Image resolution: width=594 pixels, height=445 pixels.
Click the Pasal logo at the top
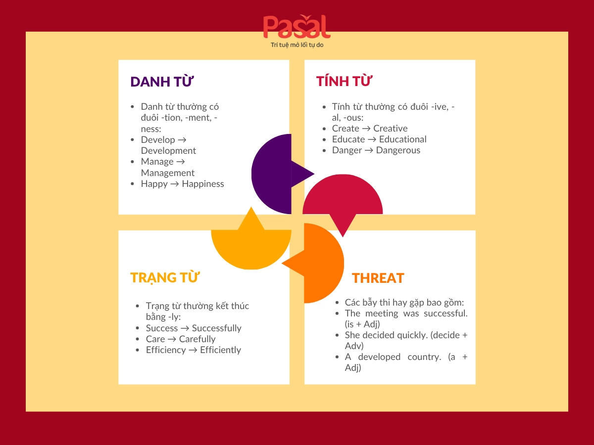tap(297, 27)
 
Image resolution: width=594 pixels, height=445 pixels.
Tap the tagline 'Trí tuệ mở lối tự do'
tap(297, 45)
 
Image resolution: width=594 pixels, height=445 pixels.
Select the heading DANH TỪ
tap(161, 82)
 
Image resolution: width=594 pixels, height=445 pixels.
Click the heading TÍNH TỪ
tap(344, 81)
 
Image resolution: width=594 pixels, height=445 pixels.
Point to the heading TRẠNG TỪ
tap(165, 277)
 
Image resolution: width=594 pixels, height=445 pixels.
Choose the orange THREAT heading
tap(378, 278)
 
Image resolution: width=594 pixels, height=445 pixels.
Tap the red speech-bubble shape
tap(343, 198)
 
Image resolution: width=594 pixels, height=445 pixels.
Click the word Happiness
tap(203, 184)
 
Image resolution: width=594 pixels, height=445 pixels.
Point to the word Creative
tap(391, 129)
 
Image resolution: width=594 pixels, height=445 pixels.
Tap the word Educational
tap(402, 139)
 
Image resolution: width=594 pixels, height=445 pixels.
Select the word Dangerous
tap(398, 150)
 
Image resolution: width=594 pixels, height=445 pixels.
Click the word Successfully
tap(216, 328)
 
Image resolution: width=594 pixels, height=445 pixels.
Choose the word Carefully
tap(197, 339)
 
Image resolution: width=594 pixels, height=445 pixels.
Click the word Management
tap(168, 173)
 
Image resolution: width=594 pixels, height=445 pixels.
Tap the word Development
tap(168, 151)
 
